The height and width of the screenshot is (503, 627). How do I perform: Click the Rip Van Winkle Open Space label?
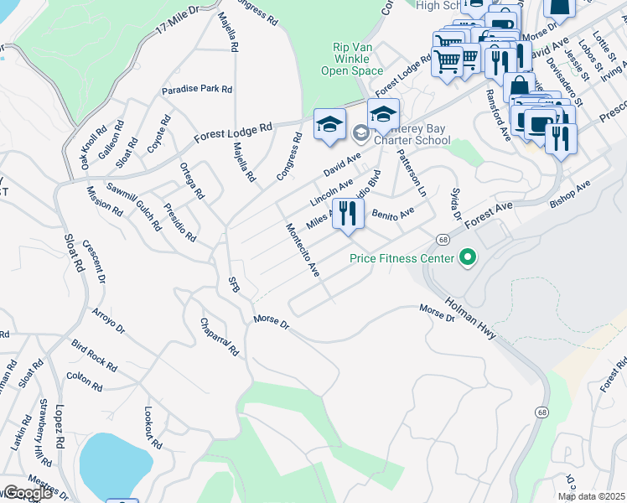351,60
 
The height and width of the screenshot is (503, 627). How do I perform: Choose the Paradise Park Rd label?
197,89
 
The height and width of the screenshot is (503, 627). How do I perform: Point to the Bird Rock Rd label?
94,356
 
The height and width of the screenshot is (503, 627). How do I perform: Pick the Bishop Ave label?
570,194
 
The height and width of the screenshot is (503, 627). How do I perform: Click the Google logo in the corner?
27,493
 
